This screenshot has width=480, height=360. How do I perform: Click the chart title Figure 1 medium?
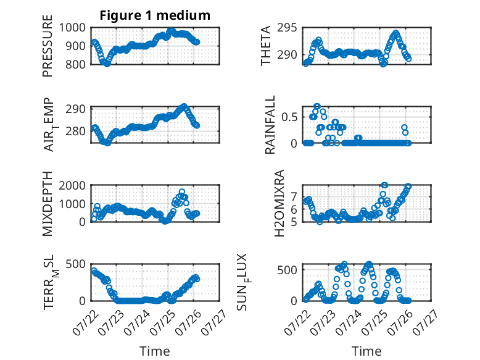point(155,15)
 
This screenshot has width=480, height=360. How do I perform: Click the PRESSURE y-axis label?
point(48,46)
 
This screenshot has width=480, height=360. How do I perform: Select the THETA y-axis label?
point(266,46)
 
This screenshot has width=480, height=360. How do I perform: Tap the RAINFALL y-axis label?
point(270,125)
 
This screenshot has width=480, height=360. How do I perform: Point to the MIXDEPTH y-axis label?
point(48,204)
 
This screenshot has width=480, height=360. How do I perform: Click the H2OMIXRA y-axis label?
point(279,203)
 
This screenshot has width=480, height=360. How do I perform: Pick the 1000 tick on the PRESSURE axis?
point(72,28)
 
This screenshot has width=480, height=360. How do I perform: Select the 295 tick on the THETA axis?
point(287,28)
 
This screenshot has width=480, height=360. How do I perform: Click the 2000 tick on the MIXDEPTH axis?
point(72,185)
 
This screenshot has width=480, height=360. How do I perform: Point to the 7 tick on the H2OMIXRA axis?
point(294,196)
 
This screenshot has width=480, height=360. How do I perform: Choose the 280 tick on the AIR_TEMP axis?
point(75,131)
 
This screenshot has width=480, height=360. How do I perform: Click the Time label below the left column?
point(155,351)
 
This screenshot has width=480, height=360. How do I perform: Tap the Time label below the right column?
point(366,351)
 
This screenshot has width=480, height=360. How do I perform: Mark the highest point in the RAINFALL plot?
point(317,106)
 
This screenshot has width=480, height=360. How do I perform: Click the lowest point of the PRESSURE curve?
point(107,64)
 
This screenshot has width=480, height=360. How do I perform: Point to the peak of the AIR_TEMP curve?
point(184,106)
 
